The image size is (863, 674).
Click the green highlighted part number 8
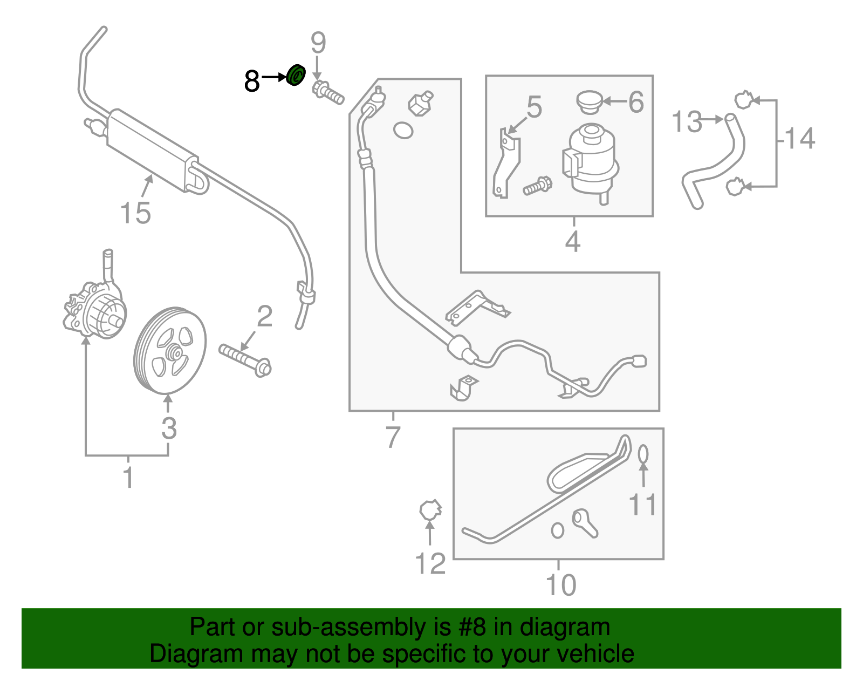point(296,74)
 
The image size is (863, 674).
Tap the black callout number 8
point(251,81)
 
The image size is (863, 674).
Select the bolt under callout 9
point(327,93)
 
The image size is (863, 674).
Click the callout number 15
point(135,213)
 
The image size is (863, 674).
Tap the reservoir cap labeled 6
point(590,101)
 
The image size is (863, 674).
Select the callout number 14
point(800,138)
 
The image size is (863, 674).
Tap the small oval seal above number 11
point(643,454)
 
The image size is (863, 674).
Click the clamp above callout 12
point(430,509)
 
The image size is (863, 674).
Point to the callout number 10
point(561,585)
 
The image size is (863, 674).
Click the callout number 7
point(393,437)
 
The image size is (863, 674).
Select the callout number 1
point(128,478)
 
